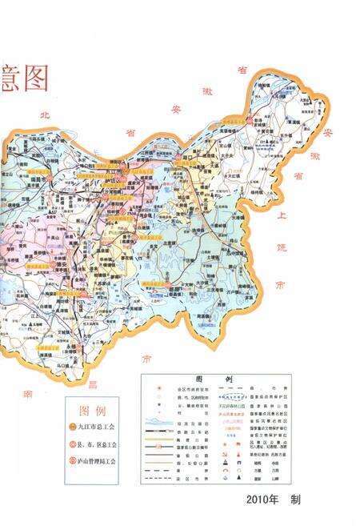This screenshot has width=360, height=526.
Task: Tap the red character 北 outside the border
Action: click(x=44, y=114)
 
